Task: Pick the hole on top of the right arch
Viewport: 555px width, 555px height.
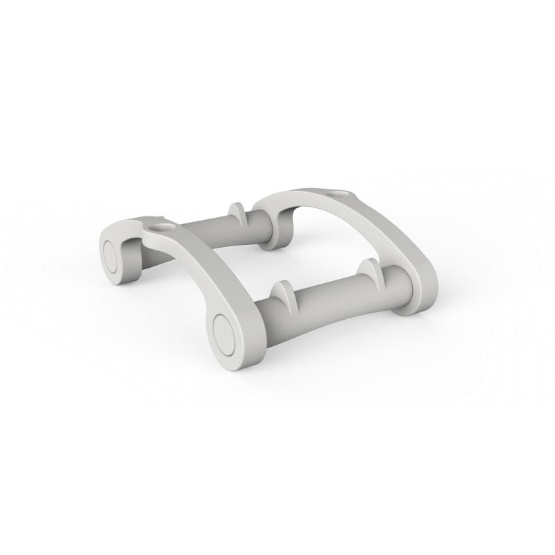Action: [337, 191]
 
